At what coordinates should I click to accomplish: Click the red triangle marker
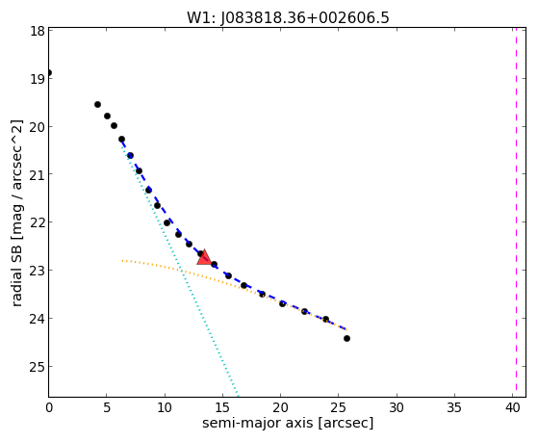204,257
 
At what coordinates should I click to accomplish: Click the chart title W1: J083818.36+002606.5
288,17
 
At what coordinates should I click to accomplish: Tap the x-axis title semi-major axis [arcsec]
288,423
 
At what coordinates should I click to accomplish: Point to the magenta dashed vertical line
516,212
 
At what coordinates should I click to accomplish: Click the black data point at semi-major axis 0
49,73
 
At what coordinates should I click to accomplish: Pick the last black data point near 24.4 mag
346,339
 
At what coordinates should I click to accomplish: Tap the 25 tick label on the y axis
38,367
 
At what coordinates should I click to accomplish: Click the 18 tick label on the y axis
38,31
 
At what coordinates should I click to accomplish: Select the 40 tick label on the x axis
512,408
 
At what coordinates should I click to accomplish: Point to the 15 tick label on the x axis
222,408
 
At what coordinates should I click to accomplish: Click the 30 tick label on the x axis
397,408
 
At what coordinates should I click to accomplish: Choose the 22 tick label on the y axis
38,222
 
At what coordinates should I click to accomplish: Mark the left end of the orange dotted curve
122,261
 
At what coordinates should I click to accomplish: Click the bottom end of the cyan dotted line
238,395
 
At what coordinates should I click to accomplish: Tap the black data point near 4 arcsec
97,104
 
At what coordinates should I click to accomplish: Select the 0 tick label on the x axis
49,408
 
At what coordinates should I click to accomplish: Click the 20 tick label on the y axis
38,127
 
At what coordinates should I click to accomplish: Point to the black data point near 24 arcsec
326,320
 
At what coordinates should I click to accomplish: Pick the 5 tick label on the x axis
107,408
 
